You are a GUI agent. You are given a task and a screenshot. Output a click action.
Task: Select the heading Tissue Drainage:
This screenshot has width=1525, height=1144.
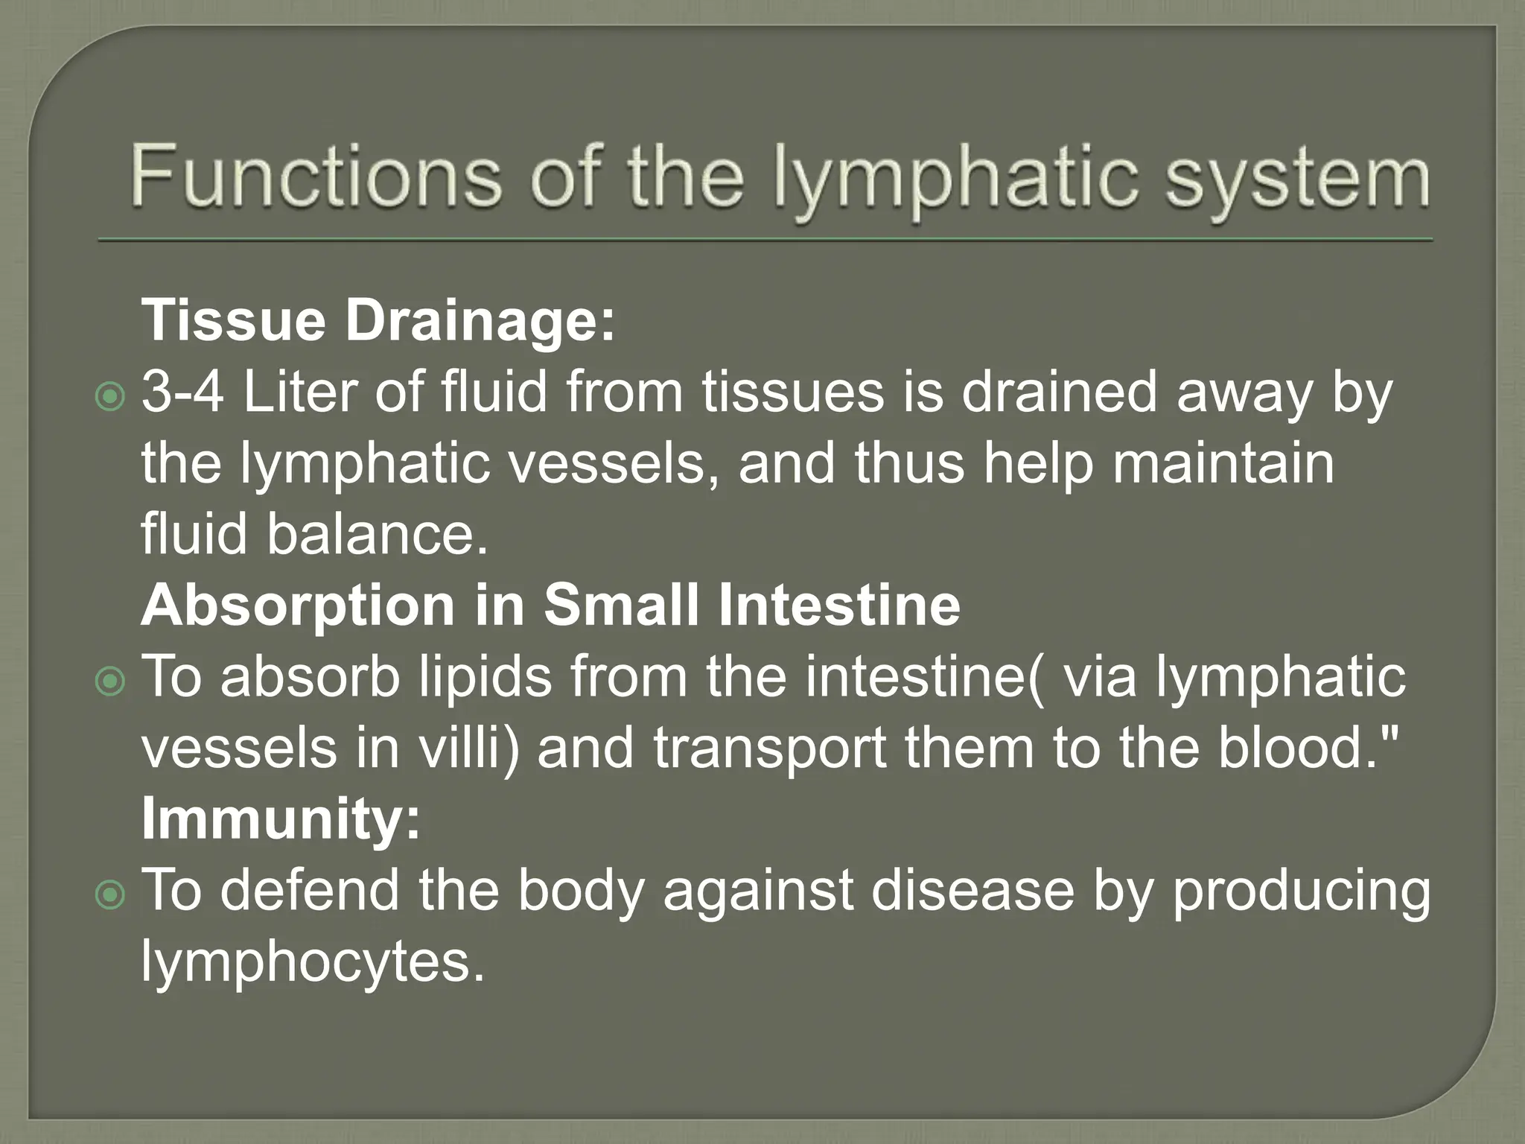point(379,320)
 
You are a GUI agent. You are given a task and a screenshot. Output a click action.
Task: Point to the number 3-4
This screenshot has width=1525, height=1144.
point(183,393)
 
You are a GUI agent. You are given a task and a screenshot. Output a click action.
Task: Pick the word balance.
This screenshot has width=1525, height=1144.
point(378,534)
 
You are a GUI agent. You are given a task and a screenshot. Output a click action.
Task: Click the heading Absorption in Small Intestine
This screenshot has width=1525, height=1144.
point(550,605)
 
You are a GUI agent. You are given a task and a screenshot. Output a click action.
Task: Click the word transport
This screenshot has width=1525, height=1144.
point(770,749)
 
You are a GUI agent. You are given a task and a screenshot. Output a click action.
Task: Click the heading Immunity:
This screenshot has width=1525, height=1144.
point(281,818)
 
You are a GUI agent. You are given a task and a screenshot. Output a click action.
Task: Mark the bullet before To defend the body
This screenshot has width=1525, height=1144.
point(111,893)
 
